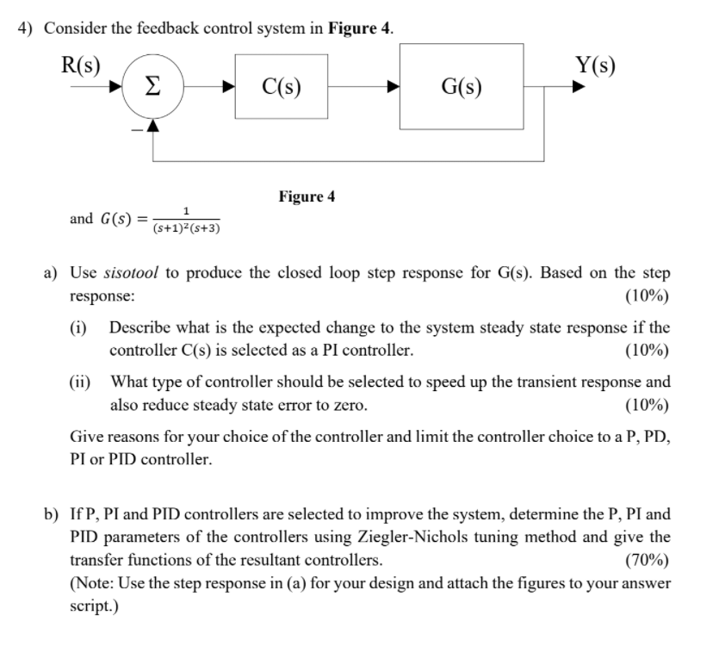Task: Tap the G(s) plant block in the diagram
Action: (x=462, y=85)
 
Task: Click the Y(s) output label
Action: (x=595, y=65)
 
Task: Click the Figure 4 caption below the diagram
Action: (x=307, y=196)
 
